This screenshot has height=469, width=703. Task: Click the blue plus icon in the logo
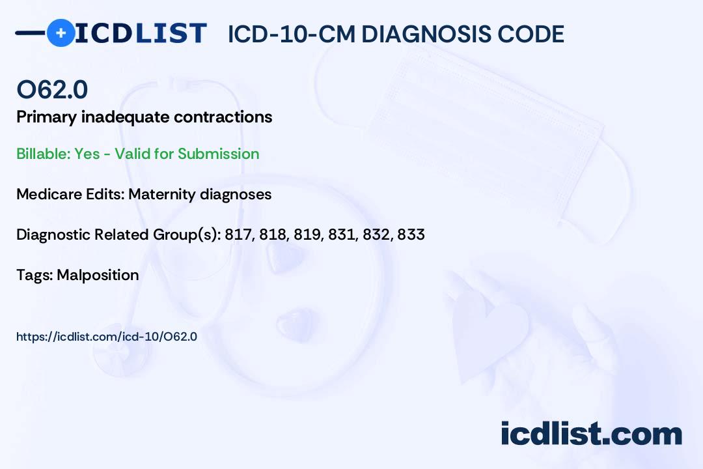[61, 33]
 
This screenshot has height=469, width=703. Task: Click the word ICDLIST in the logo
[141, 33]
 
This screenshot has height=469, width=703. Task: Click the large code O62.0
[52, 89]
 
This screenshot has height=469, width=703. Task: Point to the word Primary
[47, 118]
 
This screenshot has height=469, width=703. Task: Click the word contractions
[223, 117]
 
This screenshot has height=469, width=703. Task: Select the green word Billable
[43, 154]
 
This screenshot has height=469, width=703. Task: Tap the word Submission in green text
[218, 154]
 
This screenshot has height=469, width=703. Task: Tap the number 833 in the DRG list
[411, 234]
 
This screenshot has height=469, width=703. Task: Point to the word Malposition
[98, 275]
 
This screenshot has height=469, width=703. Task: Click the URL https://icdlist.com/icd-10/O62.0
[107, 337]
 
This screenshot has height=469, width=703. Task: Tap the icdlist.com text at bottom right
[591, 433]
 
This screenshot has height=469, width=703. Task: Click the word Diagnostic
[53, 234]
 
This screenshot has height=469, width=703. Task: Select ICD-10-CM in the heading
[291, 34]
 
